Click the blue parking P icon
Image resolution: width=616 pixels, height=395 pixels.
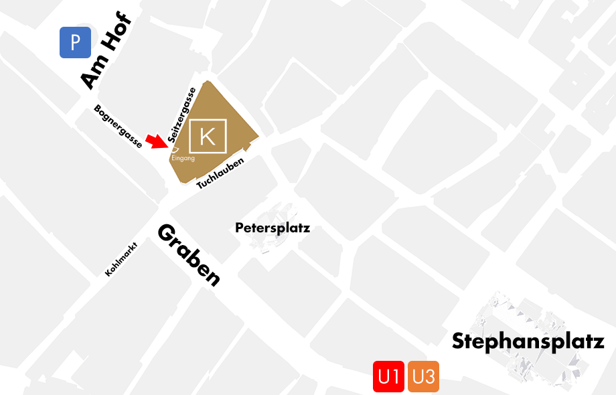(x=75, y=42)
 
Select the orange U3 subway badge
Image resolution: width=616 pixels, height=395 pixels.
(x=423, y=377)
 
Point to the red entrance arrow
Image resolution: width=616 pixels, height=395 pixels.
(x=155, y=141)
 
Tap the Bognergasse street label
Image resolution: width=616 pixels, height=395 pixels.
(x=118, y=126)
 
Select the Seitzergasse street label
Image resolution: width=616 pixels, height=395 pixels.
(x=182, y=114)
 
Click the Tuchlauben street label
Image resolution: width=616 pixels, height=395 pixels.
(x=220, y=173)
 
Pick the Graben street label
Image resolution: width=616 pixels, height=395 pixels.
(x=188, y=255)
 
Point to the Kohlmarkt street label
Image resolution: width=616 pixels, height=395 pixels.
(x=121, y=258)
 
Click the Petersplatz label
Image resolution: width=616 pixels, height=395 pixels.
(x=273, y=228)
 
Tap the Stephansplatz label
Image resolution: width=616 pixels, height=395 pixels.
(x=528, y=341)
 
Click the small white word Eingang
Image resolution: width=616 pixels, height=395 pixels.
(x=183, y=159)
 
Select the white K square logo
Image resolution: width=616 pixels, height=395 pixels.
(x=208, y=137)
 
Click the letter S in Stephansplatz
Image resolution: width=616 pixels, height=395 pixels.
(x=459, y=341)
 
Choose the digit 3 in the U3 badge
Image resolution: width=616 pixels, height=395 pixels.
(x=431, y=377)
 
